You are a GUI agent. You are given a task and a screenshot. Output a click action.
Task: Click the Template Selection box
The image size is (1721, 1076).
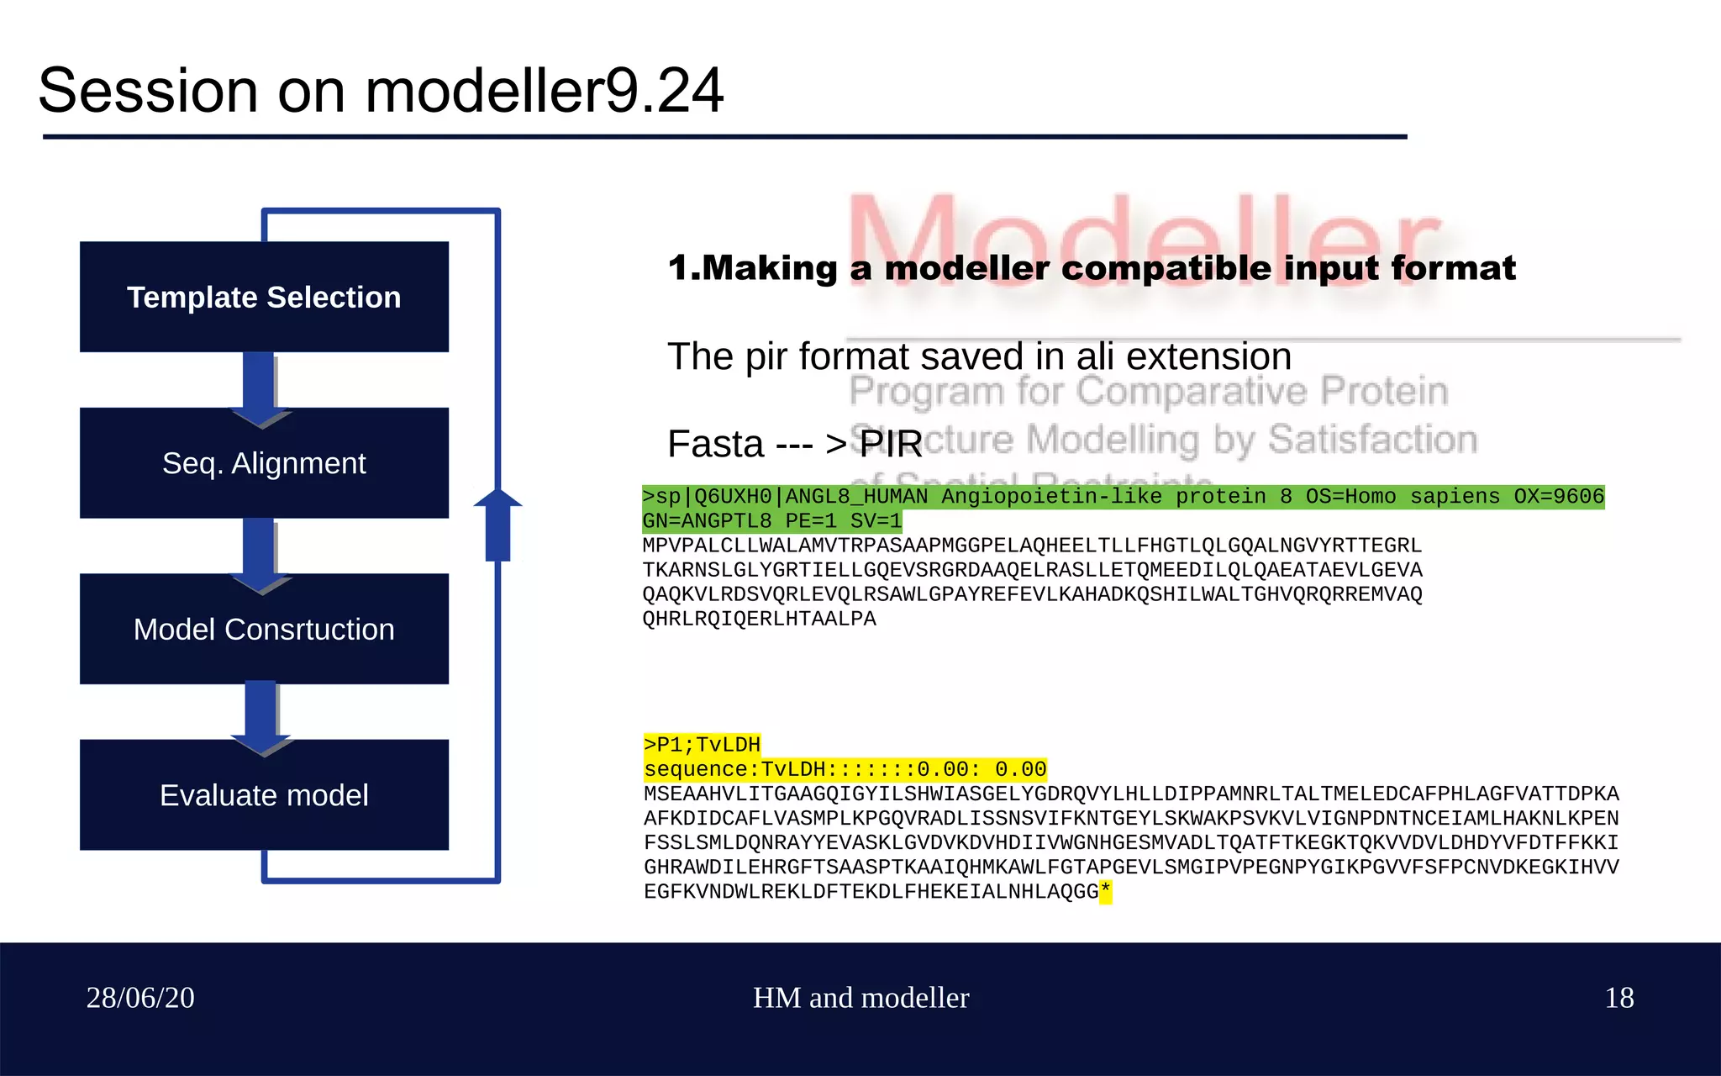pos(264,297)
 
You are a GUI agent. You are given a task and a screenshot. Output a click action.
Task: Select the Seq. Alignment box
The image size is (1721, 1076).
pos(264,463)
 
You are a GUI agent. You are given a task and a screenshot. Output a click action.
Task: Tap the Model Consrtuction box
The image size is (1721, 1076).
pos(264,629)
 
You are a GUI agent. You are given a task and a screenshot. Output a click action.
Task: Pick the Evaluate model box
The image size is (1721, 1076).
pos(264,795)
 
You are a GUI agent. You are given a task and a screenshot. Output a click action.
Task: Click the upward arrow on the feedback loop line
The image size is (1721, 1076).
pos(497,525)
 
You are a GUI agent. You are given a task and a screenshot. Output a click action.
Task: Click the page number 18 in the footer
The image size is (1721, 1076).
pos(1618,998)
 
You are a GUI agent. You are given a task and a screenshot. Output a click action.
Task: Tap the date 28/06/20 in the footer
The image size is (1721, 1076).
pos(140,998)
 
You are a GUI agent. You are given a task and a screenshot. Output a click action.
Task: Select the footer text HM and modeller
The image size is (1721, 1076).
pos(860,998)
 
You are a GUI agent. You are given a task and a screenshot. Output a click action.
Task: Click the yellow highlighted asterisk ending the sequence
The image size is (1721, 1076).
pos(1105,891)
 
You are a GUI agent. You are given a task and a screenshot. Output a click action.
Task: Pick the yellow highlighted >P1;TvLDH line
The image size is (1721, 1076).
pos(702,745)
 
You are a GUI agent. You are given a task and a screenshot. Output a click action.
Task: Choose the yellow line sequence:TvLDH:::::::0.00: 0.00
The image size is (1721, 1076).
pos(845,769)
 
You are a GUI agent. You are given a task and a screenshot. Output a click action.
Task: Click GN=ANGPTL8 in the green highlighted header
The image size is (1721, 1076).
pos(706,521)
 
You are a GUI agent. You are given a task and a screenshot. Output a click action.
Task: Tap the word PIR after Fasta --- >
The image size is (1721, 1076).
pos(891,444)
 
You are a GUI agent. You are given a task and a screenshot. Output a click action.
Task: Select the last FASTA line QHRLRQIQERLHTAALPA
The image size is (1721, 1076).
pos(759,619)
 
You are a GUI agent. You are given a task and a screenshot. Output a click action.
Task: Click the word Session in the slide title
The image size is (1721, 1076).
pos(148,91)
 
